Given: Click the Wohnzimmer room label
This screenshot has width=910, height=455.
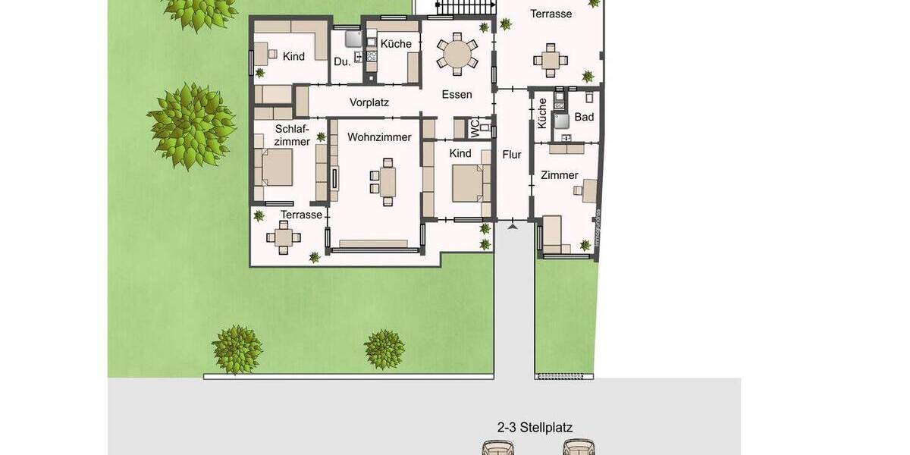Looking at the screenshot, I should pyautogui.click(x=379, y=137).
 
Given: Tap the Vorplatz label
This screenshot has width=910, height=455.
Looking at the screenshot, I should pyautogui.click(x=369, y=102).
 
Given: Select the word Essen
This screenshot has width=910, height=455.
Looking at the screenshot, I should pyautogui.click(x=457, y=95).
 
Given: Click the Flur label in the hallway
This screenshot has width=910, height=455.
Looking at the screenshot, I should pyautogui.click(x=512, y=155).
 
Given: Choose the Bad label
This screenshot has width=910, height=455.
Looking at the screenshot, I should pyautogui.click(x=584, y=117).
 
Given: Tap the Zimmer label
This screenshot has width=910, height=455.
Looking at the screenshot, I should pyautogui.click(x=560, y=175).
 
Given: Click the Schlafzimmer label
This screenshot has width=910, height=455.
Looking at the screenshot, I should pyautogui.click(x=292, y=135).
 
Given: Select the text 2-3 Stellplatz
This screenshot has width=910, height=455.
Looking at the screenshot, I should pyautogui.click(x=535, y=428).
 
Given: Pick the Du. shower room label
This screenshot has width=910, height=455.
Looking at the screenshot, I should pyautogui.click(x=342, y=61).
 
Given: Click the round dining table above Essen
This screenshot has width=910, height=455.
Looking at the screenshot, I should pyautogui.click(x=457, y=54).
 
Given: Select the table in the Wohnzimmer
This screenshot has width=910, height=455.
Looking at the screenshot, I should pyautogui.click(x=388, y=182).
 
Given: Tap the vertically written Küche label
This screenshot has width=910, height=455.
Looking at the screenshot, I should pyautogui.click(x=542, y=114).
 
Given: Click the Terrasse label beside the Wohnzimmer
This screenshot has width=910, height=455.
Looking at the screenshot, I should pyautogui.click(x=301, y=215).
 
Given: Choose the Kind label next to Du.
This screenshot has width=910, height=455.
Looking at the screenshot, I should pyautogui.click(x=293, y=56).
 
